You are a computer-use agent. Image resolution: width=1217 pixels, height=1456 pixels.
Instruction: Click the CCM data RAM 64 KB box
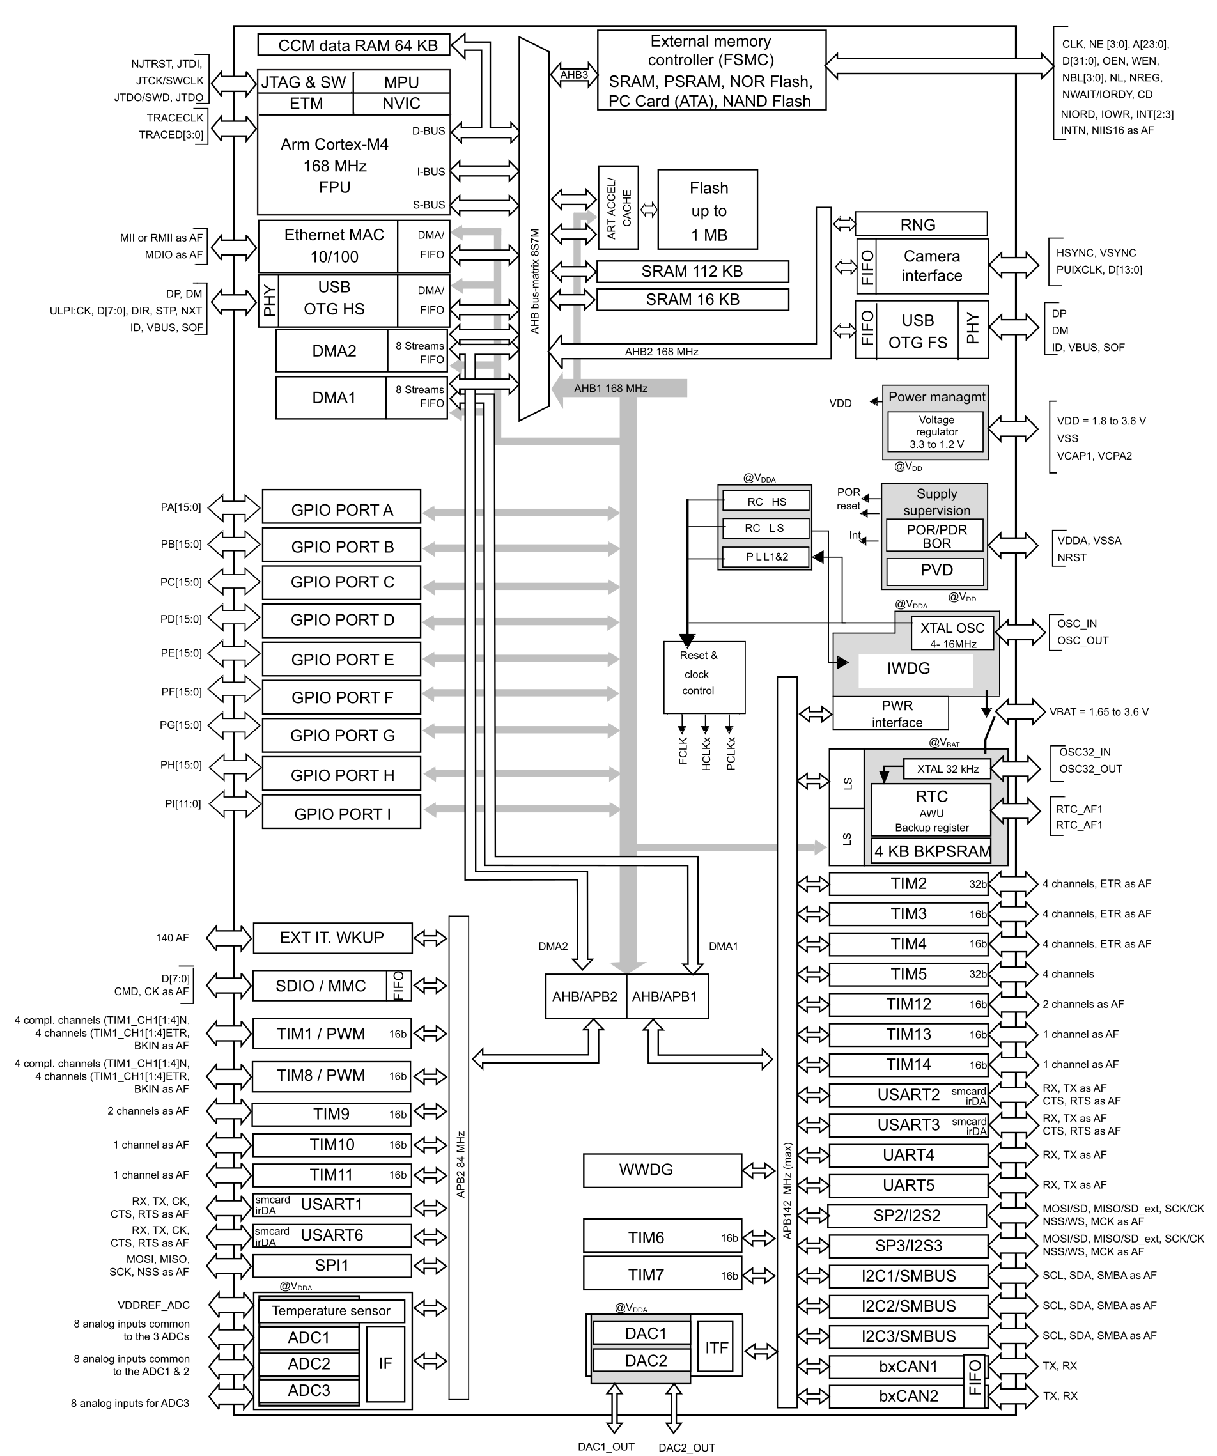coord(353,45)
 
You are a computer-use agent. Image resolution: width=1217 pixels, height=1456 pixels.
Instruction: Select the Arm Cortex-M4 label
coord(334,144)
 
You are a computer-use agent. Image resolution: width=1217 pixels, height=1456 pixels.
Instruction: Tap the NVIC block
coord(401,104)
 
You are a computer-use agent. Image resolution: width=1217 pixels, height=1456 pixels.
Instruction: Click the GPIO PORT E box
coord(341,659)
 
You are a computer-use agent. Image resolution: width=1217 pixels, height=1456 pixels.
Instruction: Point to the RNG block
coord(921,224)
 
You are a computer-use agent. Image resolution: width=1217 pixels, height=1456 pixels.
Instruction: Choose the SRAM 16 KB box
coord(692,300)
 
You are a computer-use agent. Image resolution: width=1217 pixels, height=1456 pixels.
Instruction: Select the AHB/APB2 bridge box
coord(585,996)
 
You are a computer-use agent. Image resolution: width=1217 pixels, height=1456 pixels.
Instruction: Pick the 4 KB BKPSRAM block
coord(931,851)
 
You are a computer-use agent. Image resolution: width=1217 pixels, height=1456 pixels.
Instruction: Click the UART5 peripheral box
coord(908,1185)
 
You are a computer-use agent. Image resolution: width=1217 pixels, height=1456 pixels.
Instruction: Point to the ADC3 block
coord(309,1390)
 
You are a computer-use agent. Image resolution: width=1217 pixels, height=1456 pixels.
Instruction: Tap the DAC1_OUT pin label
coord(606,1446)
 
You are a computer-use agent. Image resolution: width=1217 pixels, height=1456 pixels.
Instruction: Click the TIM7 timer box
coord(662,1274)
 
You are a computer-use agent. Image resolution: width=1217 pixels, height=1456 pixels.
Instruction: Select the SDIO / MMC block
coord(332,985)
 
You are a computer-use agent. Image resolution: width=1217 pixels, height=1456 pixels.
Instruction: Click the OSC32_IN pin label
coord(1085,752)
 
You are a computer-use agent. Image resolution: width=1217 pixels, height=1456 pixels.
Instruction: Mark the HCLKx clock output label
coord(706,754)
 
